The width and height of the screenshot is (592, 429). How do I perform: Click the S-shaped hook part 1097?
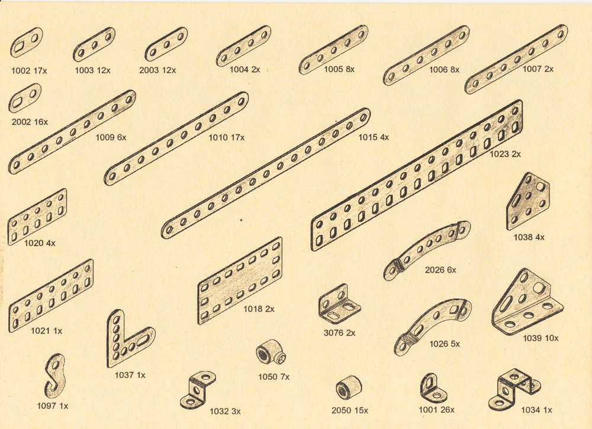coord(56,375)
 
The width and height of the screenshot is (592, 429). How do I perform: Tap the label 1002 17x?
coord(29,70)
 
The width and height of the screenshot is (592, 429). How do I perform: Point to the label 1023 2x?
coord(505,154)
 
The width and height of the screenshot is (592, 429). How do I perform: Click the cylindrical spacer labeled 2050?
coord(349,388)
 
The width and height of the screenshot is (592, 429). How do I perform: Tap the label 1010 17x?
coord(227,138)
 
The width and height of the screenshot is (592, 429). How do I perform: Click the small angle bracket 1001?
coord(433,389)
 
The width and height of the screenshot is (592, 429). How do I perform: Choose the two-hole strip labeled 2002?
coord(25,98)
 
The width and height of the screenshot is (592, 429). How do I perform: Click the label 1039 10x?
coord(540,338)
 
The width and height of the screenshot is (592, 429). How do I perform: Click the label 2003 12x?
coord(157,70)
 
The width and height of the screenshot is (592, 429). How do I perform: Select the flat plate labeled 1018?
coord(240,280)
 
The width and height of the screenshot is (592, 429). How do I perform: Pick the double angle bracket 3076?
coord(339,305)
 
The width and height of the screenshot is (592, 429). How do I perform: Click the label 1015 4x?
coord(374,137)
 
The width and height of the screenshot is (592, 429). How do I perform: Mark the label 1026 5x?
coord(445,344)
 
